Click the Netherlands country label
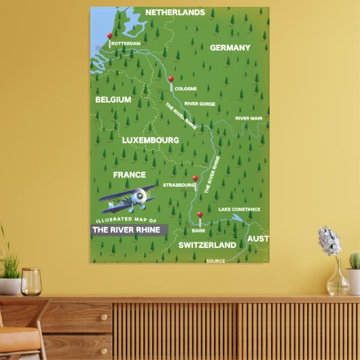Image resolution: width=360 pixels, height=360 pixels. tap(175, 12)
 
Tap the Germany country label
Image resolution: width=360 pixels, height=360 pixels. tap(230, 48)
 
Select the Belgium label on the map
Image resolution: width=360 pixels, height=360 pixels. tap(113, 99)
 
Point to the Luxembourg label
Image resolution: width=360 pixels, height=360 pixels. tap(150, 140)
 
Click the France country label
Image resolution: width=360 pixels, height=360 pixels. tap(129, 175)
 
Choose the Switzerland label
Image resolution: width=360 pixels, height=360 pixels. tap(207, 245)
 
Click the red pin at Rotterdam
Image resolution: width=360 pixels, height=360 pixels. tap(110, 36)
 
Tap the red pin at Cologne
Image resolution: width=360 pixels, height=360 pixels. tap(170, 79)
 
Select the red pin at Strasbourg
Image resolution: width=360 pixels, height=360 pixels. tap(195, 179)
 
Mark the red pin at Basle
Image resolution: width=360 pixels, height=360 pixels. tap(200, 215)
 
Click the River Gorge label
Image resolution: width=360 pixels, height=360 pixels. tap(200, 104)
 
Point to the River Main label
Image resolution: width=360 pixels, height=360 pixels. tap(249, 118)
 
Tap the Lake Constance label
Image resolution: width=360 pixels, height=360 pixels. tap(239, 209)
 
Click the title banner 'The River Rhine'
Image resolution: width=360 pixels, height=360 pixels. tap(128, 230)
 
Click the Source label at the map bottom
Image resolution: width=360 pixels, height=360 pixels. tap(215, 261)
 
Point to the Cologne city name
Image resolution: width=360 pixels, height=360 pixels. tap(185, 88)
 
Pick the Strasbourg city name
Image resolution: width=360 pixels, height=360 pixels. tap(179, 184)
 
